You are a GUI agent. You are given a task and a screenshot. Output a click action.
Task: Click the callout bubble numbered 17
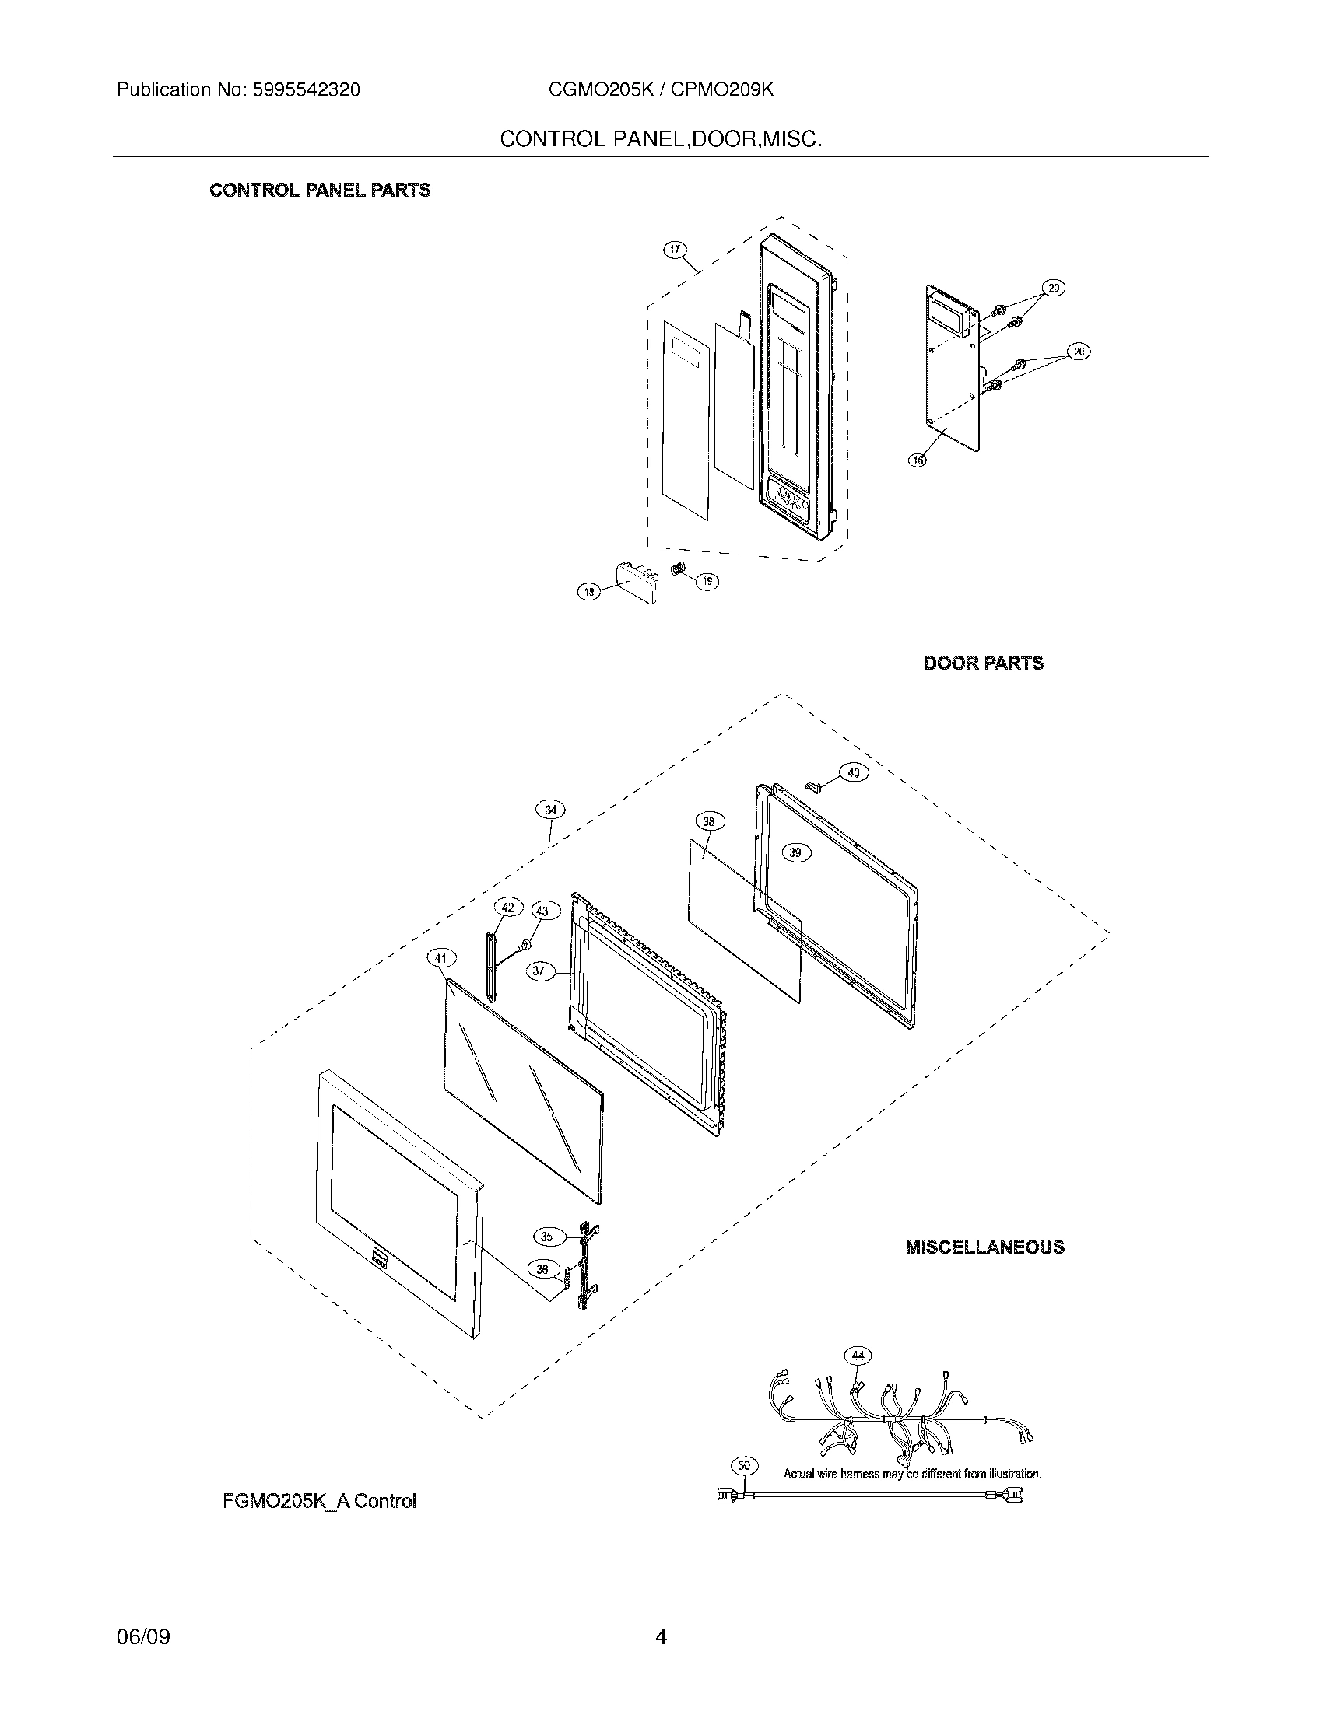(x=675, y=250)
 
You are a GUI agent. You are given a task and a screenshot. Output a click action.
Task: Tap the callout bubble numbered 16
(x=917, y=460)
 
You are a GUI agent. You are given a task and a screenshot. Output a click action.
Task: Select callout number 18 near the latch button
(x=589, y=593)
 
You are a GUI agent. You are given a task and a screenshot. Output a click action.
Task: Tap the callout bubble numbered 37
(x=539, y=971)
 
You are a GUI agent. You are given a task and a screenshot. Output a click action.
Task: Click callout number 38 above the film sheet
(x=709, y=821)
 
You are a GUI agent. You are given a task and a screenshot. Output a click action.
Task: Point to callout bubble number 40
(x=854, y=772)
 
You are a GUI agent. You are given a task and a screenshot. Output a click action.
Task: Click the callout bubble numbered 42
(x=508, y=907)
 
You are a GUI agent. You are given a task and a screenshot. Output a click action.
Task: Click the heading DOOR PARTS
(x=984, y=663)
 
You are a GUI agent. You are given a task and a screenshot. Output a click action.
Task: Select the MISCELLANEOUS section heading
(x=984, y=1247)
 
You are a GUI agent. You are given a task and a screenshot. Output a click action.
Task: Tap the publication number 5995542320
(x=306, y=90)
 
